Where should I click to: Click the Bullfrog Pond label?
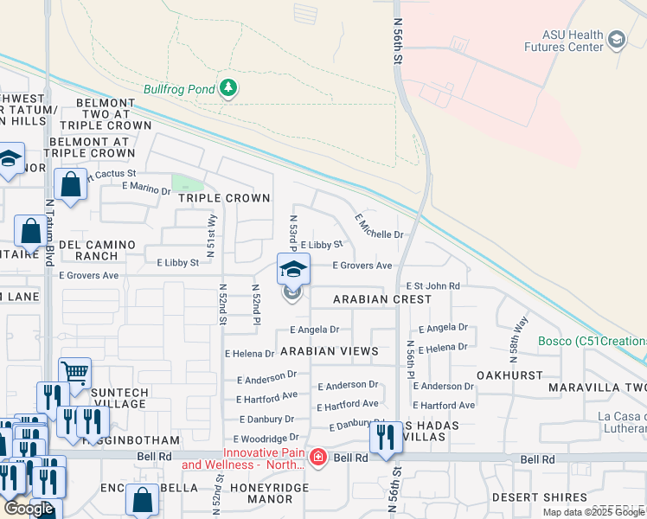coord(180,89)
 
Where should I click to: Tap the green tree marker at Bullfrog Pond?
coord(228,88)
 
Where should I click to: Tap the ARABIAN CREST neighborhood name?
coord(382,299)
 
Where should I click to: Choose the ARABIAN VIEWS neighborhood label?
coord(329,351)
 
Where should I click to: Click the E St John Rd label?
coord(433,285)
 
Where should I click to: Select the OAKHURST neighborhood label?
coord(509,375)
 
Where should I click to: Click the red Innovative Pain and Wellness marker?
coord(317,457)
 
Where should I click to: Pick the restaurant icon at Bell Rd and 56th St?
coord(383,438)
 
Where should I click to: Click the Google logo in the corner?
coord(29,508)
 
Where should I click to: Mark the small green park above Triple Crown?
coord(187,183)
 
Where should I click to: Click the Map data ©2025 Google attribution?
coord(593,512)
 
